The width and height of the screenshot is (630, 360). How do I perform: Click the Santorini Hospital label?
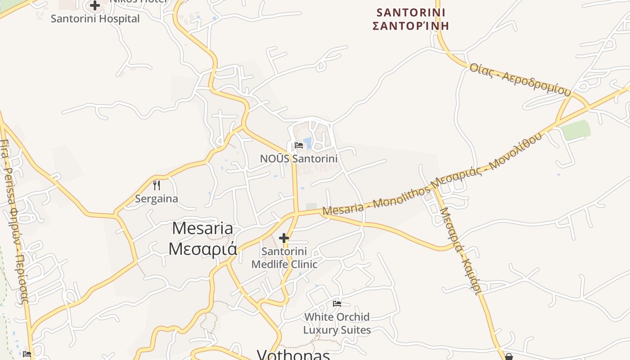click(95, 19)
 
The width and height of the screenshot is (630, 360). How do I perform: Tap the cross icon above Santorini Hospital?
click(95, 6)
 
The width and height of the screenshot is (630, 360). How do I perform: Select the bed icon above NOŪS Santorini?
click(299, 145)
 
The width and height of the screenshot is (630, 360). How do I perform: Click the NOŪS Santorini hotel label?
click(299, 158)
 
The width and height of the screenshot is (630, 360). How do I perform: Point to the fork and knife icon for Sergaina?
click(157, 185)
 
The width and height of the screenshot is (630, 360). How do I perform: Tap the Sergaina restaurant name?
click(157, 198)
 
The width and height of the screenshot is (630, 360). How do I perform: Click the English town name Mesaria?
click(202, 228)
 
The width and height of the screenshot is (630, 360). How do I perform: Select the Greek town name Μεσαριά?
click(202, 248)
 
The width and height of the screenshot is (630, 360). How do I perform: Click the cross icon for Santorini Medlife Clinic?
click(284, 238)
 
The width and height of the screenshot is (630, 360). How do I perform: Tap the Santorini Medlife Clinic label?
click(284, 257)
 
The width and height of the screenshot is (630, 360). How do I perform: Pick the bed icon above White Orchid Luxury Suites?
click(337, 304)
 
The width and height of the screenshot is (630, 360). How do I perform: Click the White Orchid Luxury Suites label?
click(337, 323)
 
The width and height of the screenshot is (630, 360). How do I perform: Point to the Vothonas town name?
click(293, 355)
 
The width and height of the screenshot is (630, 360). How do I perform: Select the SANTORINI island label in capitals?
click(411, 12)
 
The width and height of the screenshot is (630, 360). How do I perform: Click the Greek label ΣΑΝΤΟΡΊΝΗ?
click(411, 26)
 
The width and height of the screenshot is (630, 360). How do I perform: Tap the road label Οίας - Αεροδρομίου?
click(520, 80)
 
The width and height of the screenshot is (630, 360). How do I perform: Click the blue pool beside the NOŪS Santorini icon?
click(308, 143)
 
